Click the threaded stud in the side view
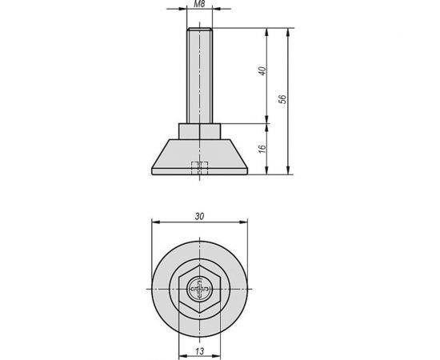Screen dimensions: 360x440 (x=198, y=76)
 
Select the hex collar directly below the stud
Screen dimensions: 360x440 (x=198, y=132)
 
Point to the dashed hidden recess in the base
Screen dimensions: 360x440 (x=198, y=168)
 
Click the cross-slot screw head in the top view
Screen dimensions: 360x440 (x=198, y=287)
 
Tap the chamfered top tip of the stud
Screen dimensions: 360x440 (x=198, y=30)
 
